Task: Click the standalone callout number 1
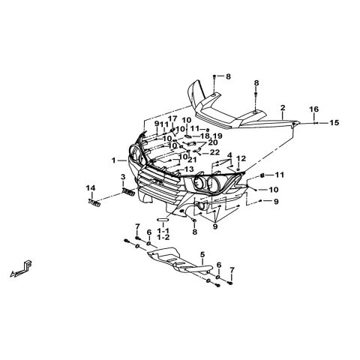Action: click(114, 160)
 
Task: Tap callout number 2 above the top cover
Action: click(283, 108)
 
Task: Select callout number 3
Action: click(123, 177)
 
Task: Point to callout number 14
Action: click(91, 187)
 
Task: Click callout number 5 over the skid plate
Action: click(202, 254)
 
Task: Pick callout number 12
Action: click(241, 158)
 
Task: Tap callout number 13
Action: click(189, 169)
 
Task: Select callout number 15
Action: click(334, 123)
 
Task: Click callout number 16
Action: click(314, 109)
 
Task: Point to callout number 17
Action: click(172, 118)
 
